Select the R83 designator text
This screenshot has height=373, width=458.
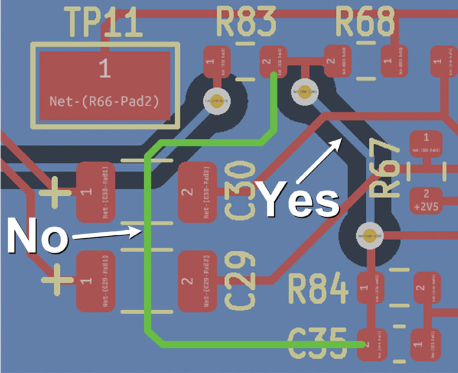tap(245, 23)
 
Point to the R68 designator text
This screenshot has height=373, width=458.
tap(365, 23)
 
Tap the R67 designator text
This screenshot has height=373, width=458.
tap(384, 171)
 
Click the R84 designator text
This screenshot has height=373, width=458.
tap(318, 289)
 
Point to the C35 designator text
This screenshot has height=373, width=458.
tap(317, 344)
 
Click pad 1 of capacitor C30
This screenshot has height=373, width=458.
tap(96, 192)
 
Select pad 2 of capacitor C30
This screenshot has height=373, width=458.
tap(198, 192)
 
